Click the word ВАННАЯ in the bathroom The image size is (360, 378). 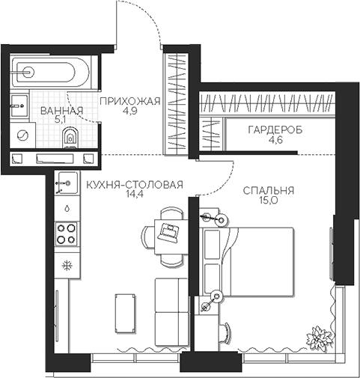pyautogui.click(x=61, y=112)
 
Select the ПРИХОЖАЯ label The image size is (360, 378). pyautogui.click(x=129, y=103)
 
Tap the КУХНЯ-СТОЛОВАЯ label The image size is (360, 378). pyautogui.click(x=133, y=186)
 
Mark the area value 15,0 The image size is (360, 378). pyautogui.click(x=267, y=202)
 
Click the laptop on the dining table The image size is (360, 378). pyautogui.click(x=169, y=231)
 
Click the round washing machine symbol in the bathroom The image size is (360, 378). pyautogui.click(x=22, y=136)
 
